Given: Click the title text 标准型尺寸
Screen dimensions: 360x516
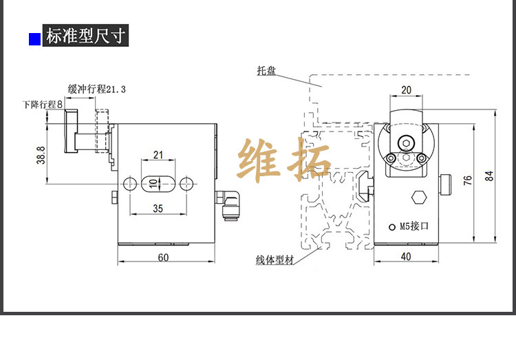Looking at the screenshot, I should point(85,36).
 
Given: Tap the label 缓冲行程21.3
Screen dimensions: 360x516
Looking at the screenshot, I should point(97,88).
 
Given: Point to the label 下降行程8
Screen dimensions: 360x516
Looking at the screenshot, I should point(42,105).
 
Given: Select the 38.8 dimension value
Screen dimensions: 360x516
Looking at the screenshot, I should point(41,155).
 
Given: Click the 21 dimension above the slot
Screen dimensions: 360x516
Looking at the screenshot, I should point(158,155).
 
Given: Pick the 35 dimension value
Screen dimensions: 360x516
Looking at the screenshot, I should point(158,208).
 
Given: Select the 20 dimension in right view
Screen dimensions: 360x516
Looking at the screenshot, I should point(406,89).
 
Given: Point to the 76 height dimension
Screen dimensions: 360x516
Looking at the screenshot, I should point(469,180).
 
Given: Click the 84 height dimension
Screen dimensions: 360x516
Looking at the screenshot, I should point(489,176).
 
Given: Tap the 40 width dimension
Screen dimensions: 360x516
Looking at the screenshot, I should point(405,257).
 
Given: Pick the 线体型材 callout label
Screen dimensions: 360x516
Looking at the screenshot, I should point(275,260).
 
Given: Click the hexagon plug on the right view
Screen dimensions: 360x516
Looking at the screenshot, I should point(418,198).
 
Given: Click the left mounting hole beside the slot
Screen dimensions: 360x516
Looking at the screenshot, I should point(129,184).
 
